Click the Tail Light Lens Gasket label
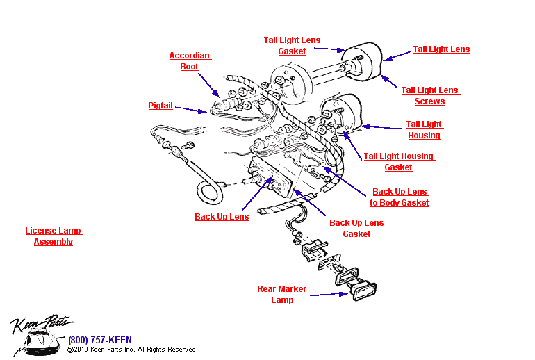pos(293,46)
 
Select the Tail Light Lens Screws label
pos(430,96)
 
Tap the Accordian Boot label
pos(190,61)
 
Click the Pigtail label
pos(160,106)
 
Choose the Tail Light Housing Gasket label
pos(399,162)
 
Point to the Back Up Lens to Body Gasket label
pos(400,197)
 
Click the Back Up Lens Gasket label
pos(357,229)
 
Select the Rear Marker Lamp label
pos(282,295)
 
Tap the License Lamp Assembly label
pos(53,236)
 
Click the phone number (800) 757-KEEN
pos(100,340)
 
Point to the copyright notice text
pos(132,350)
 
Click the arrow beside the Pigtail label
pos(190,108)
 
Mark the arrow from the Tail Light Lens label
pos(398,54)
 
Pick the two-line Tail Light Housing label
pos(424,130)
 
